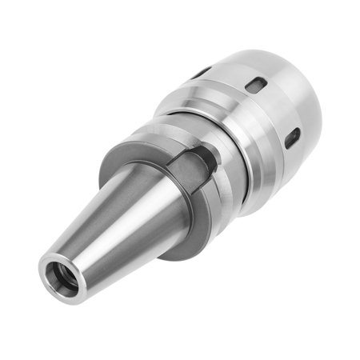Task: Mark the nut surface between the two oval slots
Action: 276,112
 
